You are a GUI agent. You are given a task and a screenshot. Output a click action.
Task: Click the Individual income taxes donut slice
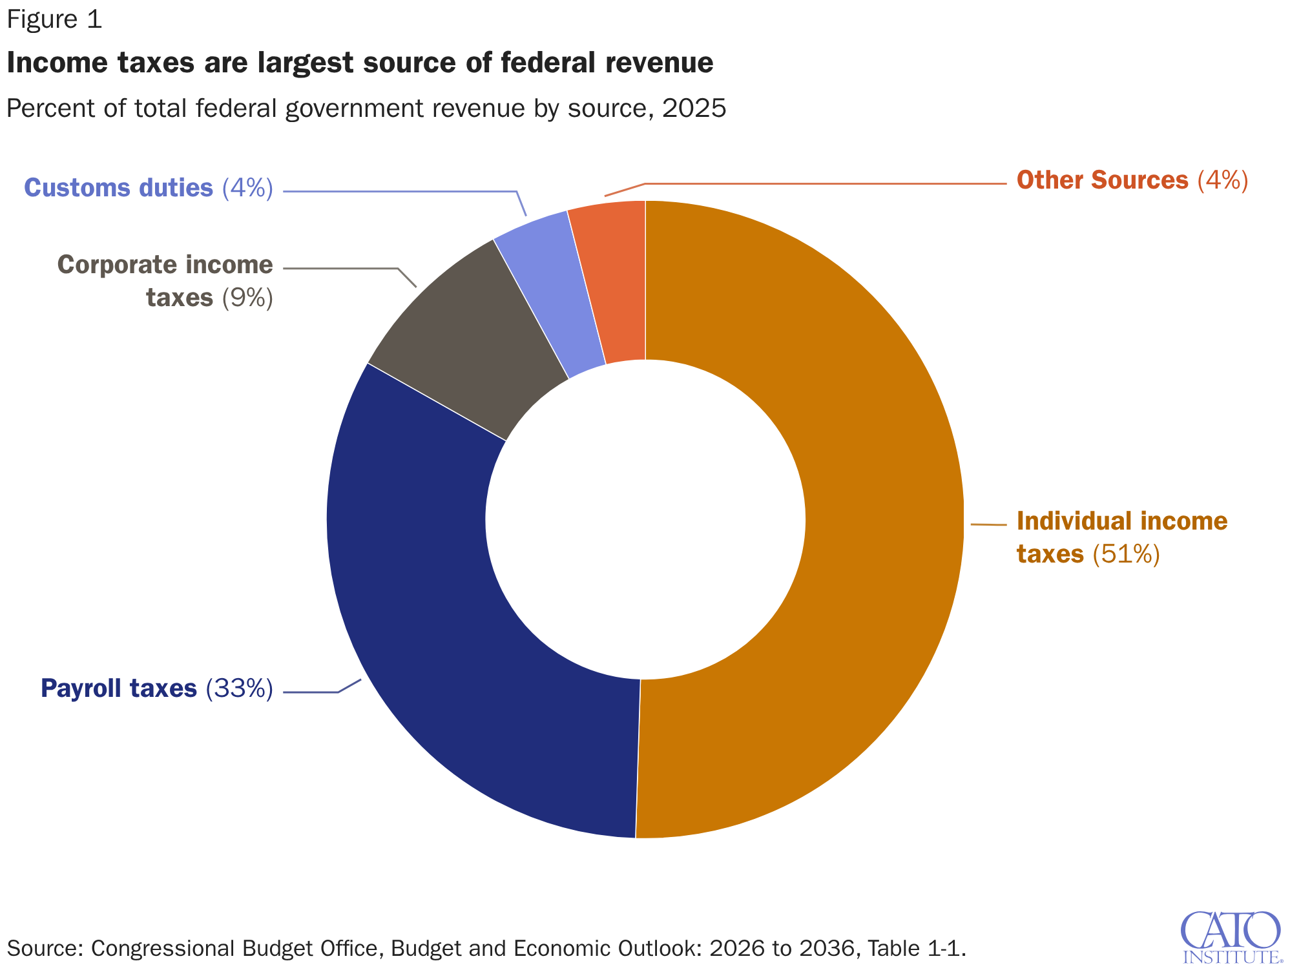(x=885, y=517)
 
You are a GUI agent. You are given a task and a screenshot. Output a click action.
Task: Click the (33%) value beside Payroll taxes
(x=240, y=688)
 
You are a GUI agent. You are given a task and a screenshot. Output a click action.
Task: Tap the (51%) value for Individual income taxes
(x=1126, y=554)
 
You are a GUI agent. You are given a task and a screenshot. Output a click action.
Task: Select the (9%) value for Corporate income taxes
(x=247, y=298)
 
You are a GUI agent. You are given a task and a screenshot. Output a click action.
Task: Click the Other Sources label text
(x=1102, y=180)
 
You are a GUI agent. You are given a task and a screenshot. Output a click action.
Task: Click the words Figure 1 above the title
(x=54, y=19)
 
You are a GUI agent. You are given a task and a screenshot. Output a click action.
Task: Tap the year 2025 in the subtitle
(x=694, y=108)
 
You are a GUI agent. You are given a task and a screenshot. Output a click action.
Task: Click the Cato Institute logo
(x=1231, y=936)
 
